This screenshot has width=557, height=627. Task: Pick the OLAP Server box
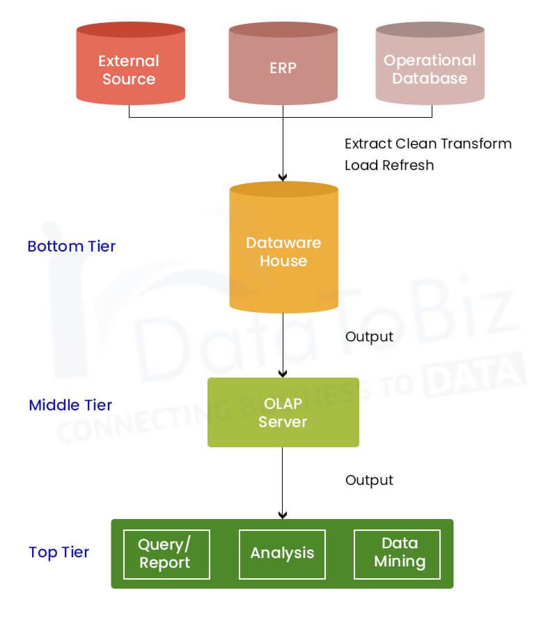283,412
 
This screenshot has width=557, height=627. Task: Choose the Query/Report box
166,554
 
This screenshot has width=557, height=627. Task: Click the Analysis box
282,554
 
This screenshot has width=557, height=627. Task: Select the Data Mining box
398,554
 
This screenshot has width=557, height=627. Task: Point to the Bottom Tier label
72,247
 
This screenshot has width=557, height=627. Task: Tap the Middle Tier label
70,405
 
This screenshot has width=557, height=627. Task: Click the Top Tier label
59,552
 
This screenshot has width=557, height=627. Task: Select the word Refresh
410,165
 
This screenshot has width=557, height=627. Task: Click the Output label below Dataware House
369,337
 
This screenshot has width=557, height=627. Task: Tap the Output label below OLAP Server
369,481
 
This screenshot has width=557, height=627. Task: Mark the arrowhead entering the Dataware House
283,177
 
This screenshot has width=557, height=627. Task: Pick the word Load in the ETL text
360,165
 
